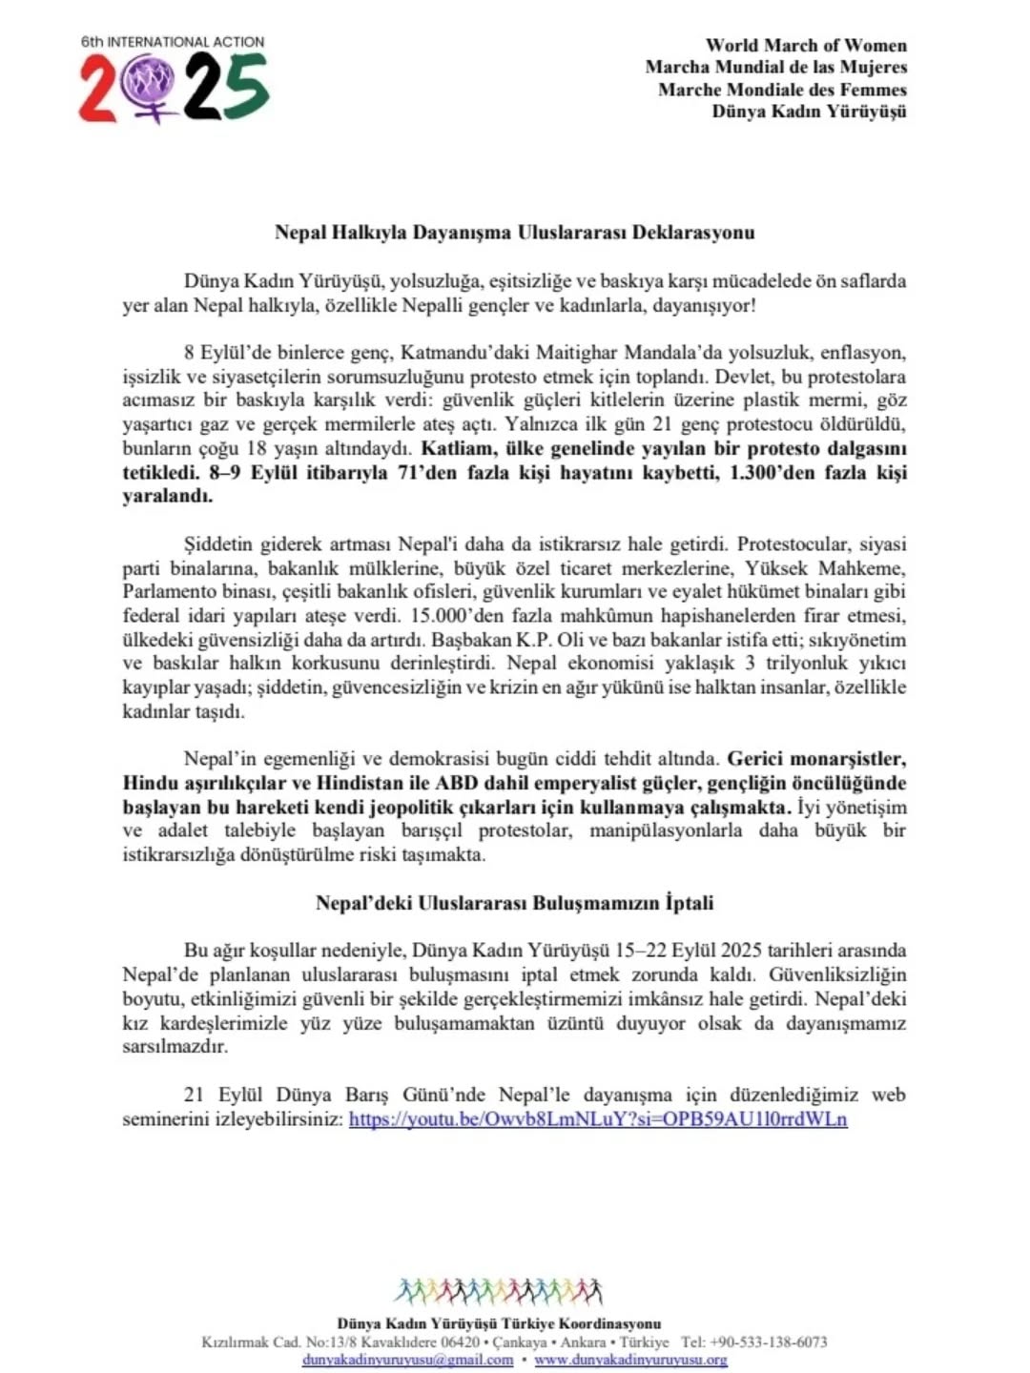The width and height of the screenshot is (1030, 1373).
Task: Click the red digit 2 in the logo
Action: point(98,89)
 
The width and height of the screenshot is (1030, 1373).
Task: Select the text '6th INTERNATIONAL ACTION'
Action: point(173,42)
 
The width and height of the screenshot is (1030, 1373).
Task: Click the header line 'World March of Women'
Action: point(806,45)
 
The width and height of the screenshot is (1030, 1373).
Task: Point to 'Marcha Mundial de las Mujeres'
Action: point(775,67)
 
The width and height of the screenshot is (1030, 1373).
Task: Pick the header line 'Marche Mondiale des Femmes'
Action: point(782,90)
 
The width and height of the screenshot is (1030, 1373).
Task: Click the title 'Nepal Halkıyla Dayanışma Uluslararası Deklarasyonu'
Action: point(514,232)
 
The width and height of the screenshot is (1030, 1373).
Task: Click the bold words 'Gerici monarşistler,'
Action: point(816,759)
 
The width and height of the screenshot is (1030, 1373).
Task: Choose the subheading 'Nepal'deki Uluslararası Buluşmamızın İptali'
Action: point(514,902)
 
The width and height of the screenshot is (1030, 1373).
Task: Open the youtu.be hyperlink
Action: point(598,1119)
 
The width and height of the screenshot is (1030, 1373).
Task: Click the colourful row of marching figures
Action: point(499,1291)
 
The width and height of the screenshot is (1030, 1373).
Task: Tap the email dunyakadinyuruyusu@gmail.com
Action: point(407,1360)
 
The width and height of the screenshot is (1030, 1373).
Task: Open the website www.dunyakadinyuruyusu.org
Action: point(630,1360)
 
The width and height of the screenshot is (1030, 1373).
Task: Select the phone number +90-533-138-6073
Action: point(767,1342)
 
